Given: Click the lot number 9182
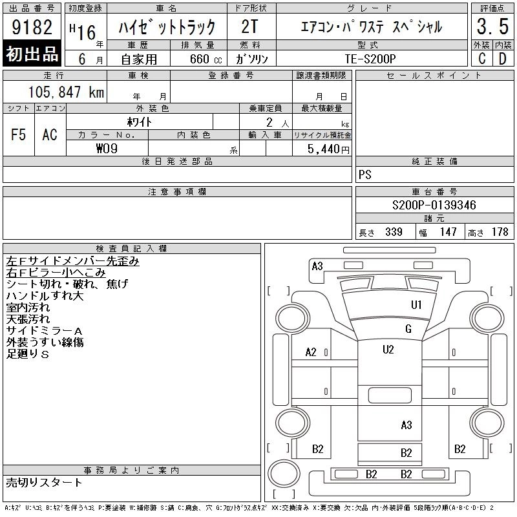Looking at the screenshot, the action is pyautogui.click(x=32, y=27).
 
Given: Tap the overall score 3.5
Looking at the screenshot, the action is pyautogui.click(x=492, y=26).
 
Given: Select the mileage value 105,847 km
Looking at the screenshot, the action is pyautogui.click(x=66, y=92).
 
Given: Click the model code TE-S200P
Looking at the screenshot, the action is pyautogui.click(x=370, y=59).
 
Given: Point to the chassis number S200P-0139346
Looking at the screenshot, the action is pyautogui.click(x=434, y=205).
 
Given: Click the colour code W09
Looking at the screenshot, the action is pyautogui.click(x=107, y=149).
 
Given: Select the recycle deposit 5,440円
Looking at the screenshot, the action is pyautogui.click(x=328, y=149).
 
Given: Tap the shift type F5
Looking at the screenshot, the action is pyautogui.click(x=19, y=134).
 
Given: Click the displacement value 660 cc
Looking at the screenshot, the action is pyautogui.click(x=206, y=59).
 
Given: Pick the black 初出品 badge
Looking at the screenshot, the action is pyautogui.click(x=32, y=53).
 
